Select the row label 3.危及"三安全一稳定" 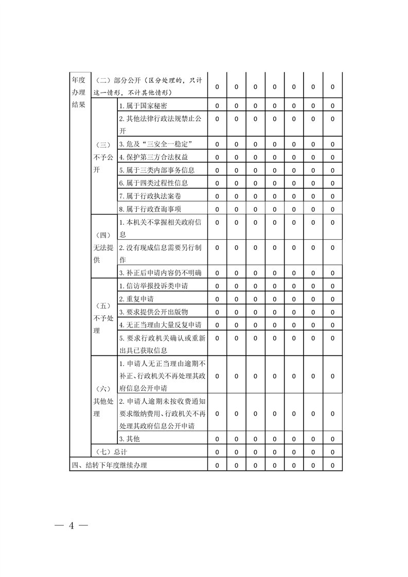click(156, 144)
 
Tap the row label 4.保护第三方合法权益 click(153, 157)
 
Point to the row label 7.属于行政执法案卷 click(150, 196)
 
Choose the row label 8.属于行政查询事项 click(150, 209)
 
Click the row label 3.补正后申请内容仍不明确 click(160, 273)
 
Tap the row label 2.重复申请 click(136, 299)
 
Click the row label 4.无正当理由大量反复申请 click(160, 325)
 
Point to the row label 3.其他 click(129, 439)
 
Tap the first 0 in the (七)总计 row click(217, 452)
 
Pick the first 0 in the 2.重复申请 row click(217, 299)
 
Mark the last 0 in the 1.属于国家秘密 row click(332, 106)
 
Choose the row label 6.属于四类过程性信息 click(153, 183)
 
